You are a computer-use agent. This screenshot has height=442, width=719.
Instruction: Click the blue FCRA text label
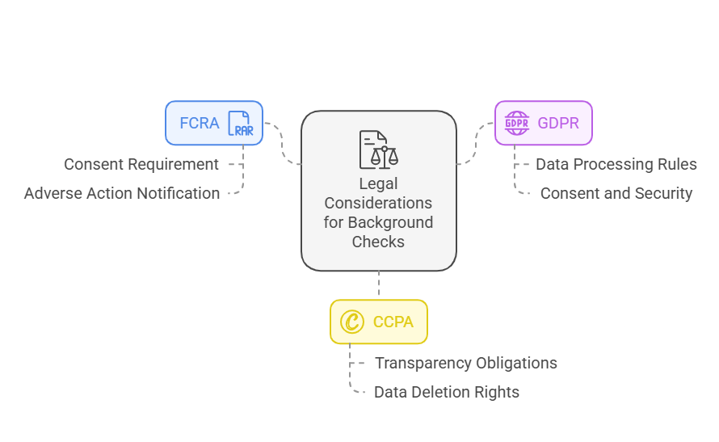pos(198,124)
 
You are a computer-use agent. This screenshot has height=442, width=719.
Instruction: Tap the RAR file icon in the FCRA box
pos(241,124)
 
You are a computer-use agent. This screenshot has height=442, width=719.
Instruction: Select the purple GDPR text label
pos(559,124)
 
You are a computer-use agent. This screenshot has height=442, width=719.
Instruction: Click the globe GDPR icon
pos(517,124)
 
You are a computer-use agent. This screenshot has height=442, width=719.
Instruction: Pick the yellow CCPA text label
pos(393,322)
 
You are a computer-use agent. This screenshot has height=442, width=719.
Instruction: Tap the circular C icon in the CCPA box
pos(351,322)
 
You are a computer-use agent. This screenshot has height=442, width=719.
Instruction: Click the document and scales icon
pos(378,149)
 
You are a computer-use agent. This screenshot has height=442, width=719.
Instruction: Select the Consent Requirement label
pos(141,164)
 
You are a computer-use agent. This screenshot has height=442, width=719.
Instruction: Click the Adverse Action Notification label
pos(122,193)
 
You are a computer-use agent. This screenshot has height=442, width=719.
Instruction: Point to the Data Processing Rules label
pos(616,164)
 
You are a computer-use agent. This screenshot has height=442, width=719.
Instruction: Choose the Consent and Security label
pos(616,193)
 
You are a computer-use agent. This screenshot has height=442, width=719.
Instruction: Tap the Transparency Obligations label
pos(465,363)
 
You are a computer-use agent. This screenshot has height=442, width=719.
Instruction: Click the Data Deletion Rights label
pos(446,392)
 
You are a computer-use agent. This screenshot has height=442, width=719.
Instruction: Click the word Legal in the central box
pos(378,183)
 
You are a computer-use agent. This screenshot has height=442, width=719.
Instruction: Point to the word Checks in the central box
pos(378,242)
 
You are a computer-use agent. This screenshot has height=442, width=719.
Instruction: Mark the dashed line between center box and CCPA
pos(378,284)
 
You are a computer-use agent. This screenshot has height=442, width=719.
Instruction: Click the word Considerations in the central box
pos(378,203)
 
